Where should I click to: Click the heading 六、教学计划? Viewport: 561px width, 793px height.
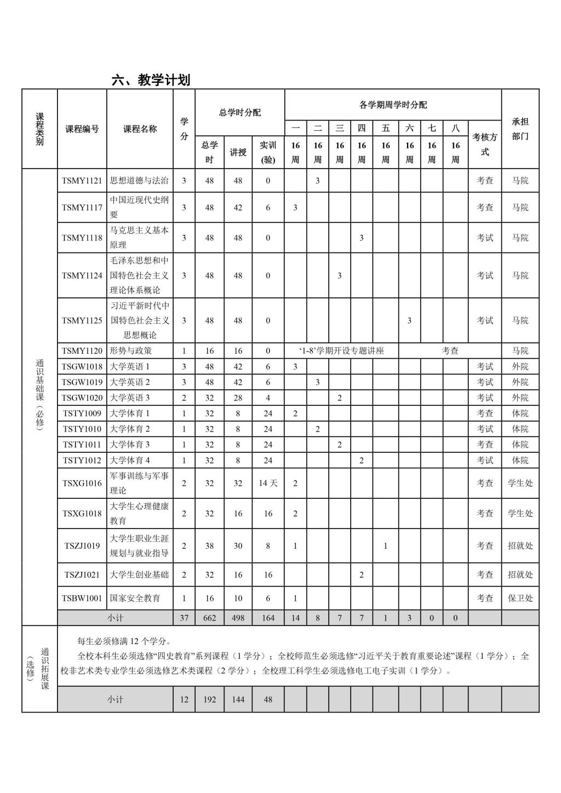point(151,80)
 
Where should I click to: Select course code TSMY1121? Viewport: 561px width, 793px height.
point(82,181)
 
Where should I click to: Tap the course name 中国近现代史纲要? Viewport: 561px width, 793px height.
point(140,207)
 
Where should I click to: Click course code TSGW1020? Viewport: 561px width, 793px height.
point(82,398)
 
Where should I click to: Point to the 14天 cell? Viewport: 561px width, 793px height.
point(268,483)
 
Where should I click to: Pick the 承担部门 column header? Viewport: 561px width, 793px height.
point(520,129)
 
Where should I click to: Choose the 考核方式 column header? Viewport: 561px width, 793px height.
point(485,145)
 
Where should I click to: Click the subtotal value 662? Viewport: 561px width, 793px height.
point(209,618)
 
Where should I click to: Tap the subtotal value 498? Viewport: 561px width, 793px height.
point(238,618)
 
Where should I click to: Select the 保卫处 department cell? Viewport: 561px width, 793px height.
point(520,598)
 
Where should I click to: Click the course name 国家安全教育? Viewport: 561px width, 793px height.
point(135,598)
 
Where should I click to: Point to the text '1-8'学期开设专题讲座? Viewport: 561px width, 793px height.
point(341,350)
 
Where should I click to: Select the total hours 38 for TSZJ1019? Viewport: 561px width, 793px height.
point(209,545)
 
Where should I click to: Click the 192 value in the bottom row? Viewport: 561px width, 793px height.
point(209,699)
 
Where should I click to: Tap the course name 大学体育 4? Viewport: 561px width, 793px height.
point(130,460)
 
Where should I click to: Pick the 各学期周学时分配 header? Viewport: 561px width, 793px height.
point(393,105)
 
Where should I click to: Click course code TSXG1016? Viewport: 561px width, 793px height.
point(82,483)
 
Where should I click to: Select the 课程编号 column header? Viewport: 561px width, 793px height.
point(82,129)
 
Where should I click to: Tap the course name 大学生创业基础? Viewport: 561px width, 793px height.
point(139,574)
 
